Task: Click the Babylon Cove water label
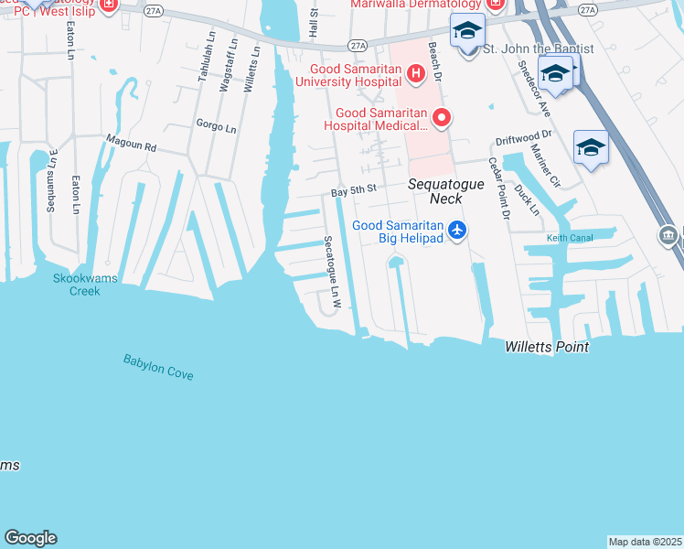click(158, 367)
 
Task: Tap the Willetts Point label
click(546, 348)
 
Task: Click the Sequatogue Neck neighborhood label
click(435, 190)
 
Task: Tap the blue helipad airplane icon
click(458, 231)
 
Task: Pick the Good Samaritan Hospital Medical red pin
click(442, 117)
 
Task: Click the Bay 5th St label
click(354, 190)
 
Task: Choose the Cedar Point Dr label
click(498, 188)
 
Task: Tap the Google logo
click(30, 538)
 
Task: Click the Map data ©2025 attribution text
click(646, 542)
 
